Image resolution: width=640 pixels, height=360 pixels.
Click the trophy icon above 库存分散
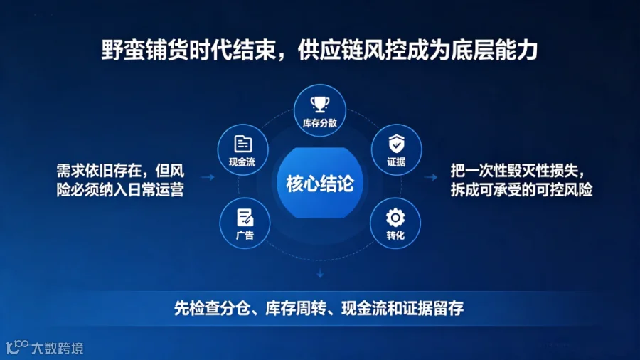[x=320, y=104]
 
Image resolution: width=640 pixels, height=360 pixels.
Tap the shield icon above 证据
[x=396, y=143]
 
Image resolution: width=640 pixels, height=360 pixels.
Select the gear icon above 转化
[x=395, y=218]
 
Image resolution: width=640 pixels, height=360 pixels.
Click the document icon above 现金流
[x=243, y=144]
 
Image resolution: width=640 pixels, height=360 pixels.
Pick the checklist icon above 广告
[x=245, y=217]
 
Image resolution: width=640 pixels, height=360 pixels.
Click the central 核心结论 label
[x=319, y=184]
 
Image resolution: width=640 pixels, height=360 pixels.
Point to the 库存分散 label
[x=319, y=123]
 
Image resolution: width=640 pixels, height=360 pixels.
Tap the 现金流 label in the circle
[x=242, y=162]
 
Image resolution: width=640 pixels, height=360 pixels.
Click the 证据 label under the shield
[x=396, y=162]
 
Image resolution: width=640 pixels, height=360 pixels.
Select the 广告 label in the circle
[x=245, y=235]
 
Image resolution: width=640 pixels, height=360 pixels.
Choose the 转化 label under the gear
[x=395, y=235]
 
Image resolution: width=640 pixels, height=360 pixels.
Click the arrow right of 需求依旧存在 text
[x=208, y=177]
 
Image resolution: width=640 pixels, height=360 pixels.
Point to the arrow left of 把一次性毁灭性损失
[x=431, y=177]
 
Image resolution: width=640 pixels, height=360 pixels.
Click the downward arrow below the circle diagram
[x=320, y=273]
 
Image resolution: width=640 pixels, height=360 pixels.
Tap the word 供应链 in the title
[x=331, y=51]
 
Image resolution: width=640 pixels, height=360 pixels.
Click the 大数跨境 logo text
[x=58, y=348]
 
